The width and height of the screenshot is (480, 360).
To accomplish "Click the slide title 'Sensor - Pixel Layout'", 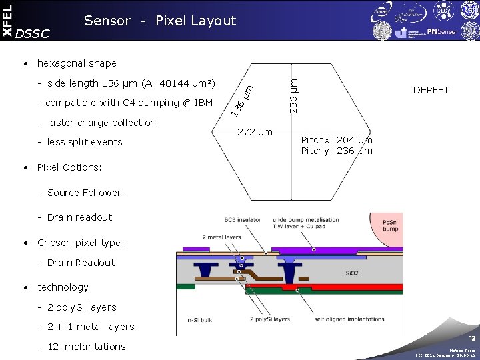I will click(160, 21).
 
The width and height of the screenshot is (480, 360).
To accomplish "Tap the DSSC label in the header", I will click(32, 33).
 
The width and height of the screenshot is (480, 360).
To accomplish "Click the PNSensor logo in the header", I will click(441, 31).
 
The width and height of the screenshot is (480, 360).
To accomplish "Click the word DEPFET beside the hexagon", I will click(431, 90).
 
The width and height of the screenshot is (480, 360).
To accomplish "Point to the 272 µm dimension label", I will click(255, 133).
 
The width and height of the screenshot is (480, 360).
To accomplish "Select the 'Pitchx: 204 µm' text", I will click(337, 140).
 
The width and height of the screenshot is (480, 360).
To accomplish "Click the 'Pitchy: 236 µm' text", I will click(337, 151).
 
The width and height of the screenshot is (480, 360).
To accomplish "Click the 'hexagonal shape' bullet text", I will click(77, 63).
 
